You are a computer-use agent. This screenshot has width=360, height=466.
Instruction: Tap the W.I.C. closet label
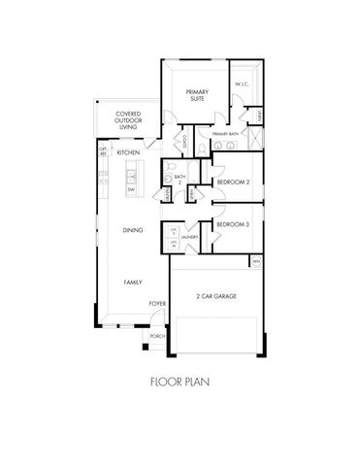(243, 84)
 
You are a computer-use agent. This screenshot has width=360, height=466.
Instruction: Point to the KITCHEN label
(128, 153)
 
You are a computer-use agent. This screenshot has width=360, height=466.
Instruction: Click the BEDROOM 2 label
(234, 183)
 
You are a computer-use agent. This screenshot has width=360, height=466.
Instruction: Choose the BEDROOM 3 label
(234, 225)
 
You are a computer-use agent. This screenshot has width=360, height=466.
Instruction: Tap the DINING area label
(133, 230)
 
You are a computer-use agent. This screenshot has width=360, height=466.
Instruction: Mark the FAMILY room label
(133, 282)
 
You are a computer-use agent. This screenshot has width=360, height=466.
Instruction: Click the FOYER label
(156, 304)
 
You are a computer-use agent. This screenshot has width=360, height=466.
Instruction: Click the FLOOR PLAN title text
(180, 382)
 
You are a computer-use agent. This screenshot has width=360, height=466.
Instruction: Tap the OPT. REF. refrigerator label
(103, 151)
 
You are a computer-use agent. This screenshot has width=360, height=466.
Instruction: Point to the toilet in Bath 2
(169, 180)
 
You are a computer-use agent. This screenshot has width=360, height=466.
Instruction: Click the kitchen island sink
(131, 177)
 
